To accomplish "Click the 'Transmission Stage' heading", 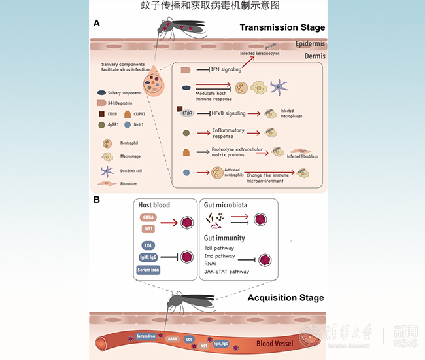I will click(x=282, y=27).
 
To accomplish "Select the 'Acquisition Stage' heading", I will click(x=285, y=298).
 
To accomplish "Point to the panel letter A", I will click(x=96, y=24).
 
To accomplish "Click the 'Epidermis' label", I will click(x=310, y=44).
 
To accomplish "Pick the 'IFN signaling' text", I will click(x=224, y=68).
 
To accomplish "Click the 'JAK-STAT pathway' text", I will click(x=226, y=271).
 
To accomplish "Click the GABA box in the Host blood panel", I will click(x=148, y=217).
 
